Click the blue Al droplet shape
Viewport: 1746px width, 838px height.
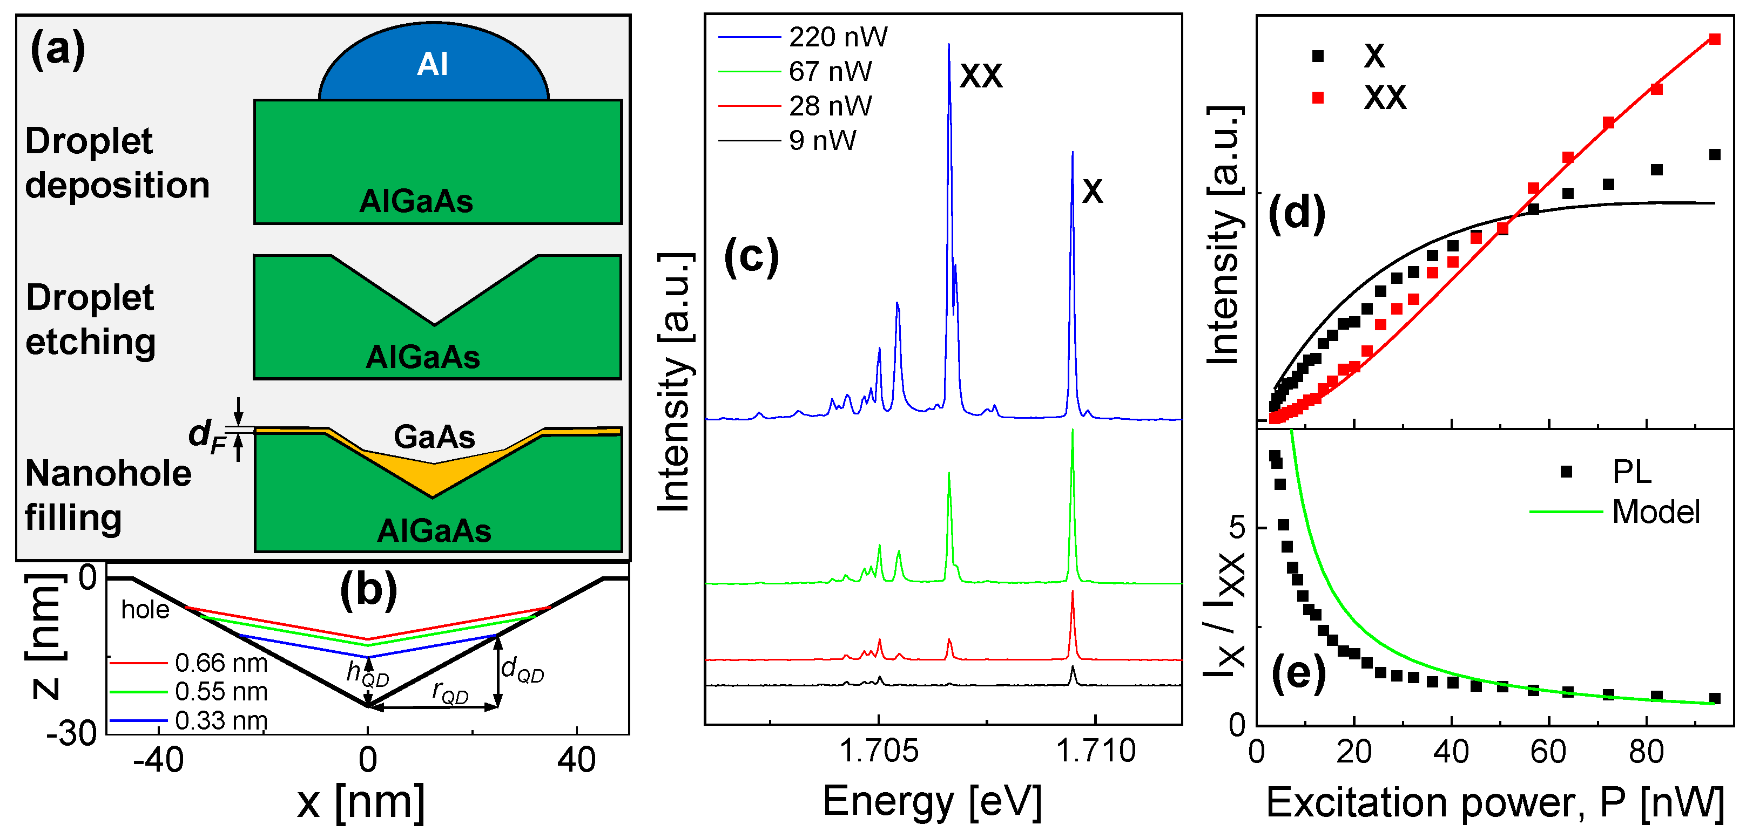coord(433,64)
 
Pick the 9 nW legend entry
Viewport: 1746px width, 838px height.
coord(821,140)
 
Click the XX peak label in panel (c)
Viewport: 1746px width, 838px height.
coord(981,75)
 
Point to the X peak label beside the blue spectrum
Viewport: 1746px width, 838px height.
coord(1092,191)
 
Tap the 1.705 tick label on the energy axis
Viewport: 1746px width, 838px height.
coord(879,751)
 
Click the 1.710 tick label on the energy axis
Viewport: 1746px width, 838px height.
coord(1095,751)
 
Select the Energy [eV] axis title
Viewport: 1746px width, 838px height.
coord(932,801)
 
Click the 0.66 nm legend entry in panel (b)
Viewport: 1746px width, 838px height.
coord(220,663)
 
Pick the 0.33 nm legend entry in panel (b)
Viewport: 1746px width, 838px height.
coord(220,720)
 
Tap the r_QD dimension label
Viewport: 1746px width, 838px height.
coord(450,692)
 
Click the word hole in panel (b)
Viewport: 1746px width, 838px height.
coord(145,610)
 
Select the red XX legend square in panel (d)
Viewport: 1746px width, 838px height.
coord(1318,98)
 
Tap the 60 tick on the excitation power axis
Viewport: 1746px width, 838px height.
coord(1549,751)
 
